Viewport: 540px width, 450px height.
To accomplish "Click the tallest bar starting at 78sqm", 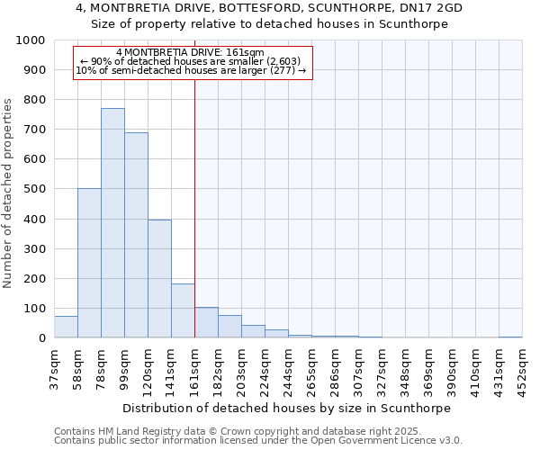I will [x=112, y=223].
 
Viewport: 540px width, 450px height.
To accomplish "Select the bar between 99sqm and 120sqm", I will [x=136, y=235].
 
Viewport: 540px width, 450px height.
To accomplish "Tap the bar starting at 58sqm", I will [x=89, y=263].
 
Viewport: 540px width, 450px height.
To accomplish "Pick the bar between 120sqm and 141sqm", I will [x=159, y=279].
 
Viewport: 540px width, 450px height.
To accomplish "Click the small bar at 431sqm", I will [x=510, y=337].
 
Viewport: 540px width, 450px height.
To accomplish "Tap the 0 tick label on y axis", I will [x=42, y=338].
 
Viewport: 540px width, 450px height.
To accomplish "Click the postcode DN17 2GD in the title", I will [x=430, y=7].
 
